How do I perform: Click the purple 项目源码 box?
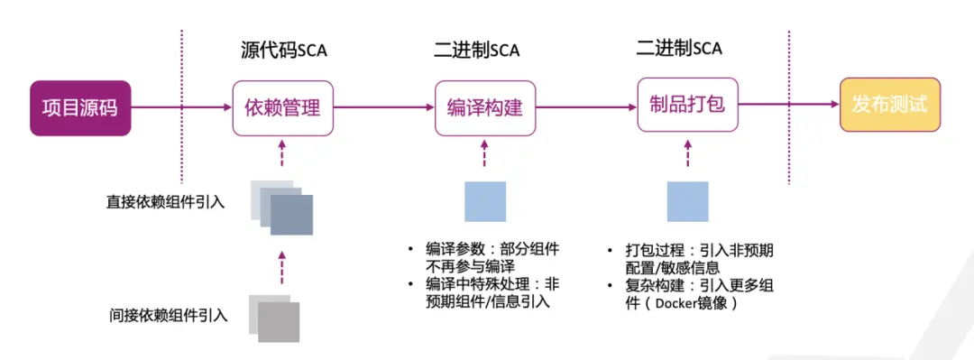tap(80, 107)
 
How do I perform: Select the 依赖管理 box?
tap(282, 108)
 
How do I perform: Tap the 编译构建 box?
tap(484, 108)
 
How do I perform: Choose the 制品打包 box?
tap(687, 105)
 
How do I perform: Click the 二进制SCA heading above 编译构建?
tap(482, 50)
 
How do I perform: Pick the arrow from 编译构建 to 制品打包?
tap(585, 107)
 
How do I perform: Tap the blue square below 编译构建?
tap(485, 201)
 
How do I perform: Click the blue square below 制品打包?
tap(687, 201)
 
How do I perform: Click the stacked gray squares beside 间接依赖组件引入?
tap(274, 318)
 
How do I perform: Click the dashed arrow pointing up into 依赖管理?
tap(282, 154)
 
